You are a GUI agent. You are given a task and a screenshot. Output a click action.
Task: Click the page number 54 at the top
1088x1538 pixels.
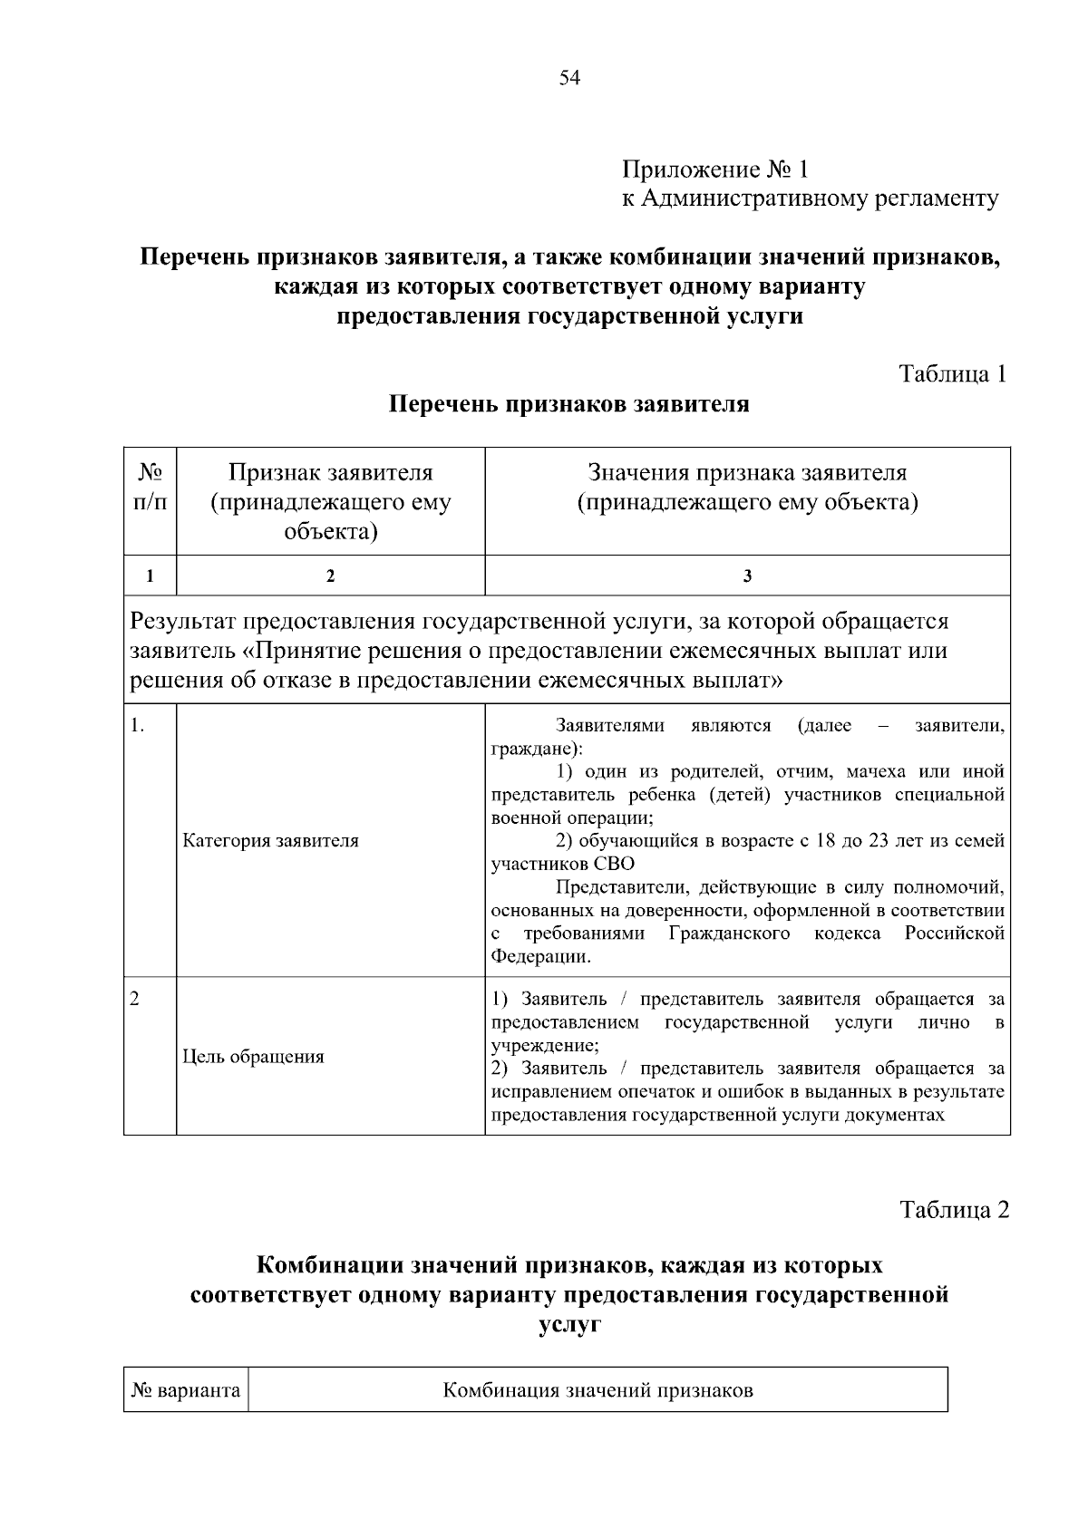(569, 78)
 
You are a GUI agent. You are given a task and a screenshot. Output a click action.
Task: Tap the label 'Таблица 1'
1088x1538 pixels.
(952, 373)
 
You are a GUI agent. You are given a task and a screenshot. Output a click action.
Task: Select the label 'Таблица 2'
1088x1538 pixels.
(954, 1209)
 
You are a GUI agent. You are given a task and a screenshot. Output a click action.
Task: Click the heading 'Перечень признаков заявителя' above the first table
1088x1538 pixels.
(568, 404)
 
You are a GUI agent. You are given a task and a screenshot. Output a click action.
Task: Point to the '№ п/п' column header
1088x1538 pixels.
(151, 487)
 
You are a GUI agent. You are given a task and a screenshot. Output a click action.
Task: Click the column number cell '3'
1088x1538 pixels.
(747, 576)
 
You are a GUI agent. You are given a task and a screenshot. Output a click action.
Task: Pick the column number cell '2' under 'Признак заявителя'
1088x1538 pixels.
(330, 576)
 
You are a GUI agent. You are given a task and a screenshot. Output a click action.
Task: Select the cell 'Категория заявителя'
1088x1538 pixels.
(270, 841)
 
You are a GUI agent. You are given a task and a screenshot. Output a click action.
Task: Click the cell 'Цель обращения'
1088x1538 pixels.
(253, 1057)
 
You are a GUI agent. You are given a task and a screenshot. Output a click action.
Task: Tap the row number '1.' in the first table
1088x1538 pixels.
(138, 726)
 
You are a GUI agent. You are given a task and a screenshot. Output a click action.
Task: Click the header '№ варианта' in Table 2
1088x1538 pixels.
(186, 1390)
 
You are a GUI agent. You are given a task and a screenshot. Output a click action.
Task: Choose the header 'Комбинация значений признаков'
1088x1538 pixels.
(597, 1390)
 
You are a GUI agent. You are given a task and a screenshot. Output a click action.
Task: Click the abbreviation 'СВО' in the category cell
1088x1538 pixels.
(615, 864)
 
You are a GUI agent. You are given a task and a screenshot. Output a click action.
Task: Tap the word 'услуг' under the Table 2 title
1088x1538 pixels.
(568, 1324)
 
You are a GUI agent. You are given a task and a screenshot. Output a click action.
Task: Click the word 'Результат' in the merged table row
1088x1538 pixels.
(184, 622)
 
